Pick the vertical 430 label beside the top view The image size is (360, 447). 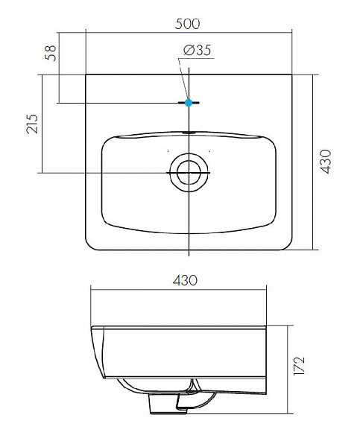(324, 162)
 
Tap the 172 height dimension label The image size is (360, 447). (300, 366)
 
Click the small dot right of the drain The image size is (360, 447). (211, 151)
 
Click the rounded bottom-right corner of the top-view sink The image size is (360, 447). (286, 245)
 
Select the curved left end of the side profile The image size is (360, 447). (94, 350)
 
